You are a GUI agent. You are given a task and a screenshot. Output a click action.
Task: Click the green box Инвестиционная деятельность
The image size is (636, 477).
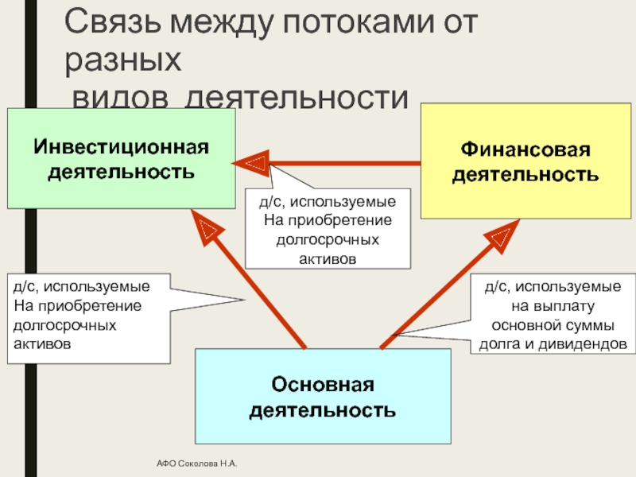coord(122,159)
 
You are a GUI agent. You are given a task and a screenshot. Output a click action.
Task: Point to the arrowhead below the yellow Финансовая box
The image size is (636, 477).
coord(502,235)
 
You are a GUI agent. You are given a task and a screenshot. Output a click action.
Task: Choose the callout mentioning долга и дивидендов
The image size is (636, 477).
coord(553,316)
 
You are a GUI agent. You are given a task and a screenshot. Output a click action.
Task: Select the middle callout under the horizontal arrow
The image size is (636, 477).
coord(328,228)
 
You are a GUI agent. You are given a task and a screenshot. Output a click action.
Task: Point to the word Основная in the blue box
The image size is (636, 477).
coord(323,386)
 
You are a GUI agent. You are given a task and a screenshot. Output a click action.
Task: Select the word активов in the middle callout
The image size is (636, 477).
coord(328,258)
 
